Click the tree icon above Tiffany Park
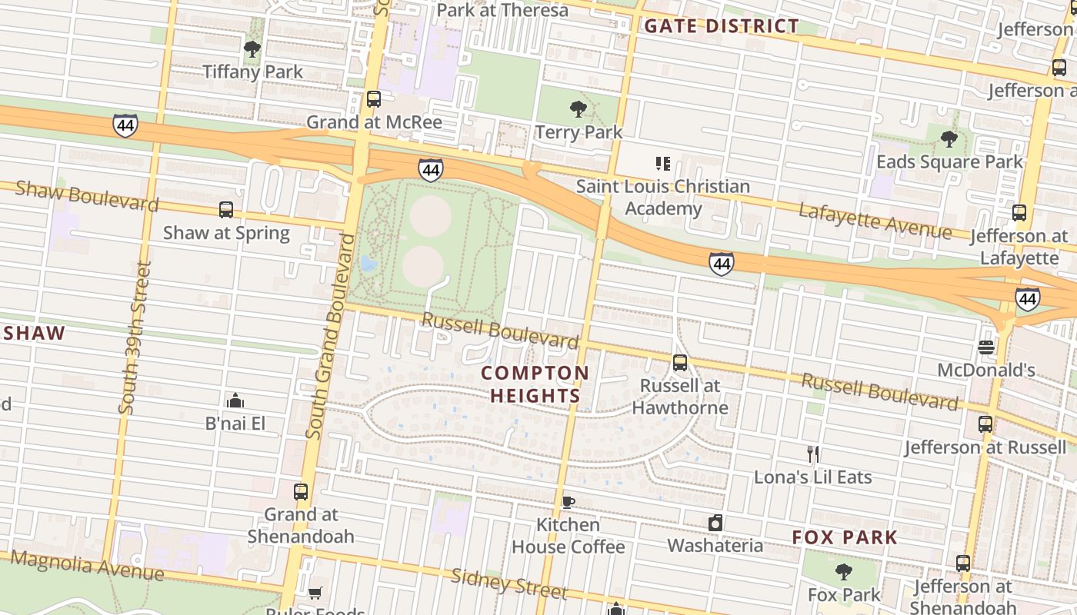[252, 50]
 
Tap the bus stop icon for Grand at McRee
[374, 99]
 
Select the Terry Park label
[579, 132]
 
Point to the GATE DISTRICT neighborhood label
[721, 26]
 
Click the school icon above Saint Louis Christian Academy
[662, 164]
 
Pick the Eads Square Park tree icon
[949, 139]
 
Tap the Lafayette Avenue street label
[875, 221]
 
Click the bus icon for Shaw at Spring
[226, 210]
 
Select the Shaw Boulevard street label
[87, 195]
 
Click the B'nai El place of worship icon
[235, 401]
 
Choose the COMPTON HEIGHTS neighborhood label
[535, 384]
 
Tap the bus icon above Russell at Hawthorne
[680, 363]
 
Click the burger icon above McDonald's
[986, 347]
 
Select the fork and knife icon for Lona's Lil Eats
[813, 454]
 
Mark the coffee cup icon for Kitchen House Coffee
[568, 503]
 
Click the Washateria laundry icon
[715, 524]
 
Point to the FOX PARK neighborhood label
[845, 537]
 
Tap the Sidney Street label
[508, 584]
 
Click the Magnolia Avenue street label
[87, 566]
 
